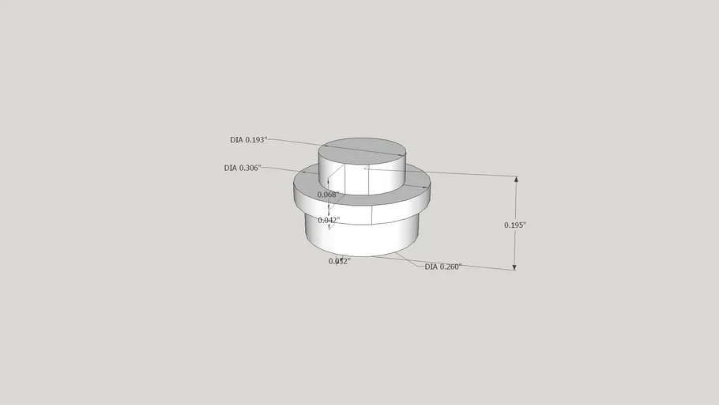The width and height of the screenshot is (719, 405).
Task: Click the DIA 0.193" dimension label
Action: [249, 140]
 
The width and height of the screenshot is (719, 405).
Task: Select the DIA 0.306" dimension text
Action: [243, 168]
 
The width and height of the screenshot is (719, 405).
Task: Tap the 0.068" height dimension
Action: [328, 195]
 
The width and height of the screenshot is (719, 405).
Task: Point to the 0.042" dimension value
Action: [329, 220]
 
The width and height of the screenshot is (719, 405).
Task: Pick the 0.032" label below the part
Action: [339, 261]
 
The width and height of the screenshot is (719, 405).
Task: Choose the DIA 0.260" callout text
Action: [442, 267]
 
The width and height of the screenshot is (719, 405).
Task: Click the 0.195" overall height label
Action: [515, 225]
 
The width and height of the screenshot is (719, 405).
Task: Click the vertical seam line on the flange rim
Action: [371, 214]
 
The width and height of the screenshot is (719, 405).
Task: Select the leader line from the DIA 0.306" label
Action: [284, 170]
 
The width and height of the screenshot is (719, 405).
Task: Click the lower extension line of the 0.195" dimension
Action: [474, 266]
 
